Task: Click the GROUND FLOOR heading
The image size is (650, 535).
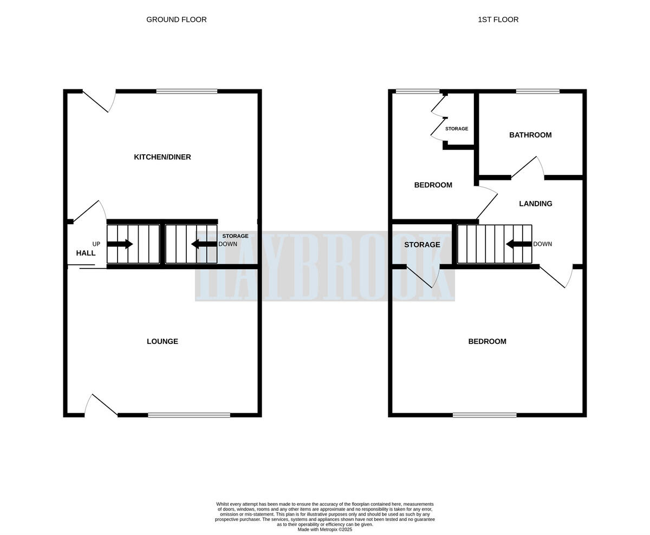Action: tap(176, 19)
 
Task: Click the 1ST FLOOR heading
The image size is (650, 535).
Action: tap(498, 19)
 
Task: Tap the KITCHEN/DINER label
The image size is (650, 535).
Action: tap(162, 157)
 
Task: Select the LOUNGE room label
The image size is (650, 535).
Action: tap(162, 341)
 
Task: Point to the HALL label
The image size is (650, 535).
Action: tap(86, 253)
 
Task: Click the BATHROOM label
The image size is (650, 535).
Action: tap(530, 135)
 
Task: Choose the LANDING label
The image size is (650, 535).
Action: tap(536, 204)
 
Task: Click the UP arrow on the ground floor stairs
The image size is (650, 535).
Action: tap(120, 244)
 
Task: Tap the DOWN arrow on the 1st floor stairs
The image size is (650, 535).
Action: tap(518, 244)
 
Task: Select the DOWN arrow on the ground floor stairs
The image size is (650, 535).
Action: tap(204, 244)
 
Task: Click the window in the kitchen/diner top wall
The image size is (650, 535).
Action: tap(187, 91)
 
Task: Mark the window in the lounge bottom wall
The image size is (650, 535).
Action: tap(189, 415)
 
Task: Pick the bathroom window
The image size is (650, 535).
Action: tap(537, 91)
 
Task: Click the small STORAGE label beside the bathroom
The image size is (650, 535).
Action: tap(457, 129)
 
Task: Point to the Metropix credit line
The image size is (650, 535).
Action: tap(325, 530)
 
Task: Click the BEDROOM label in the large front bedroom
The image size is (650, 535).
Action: tap(487, 341)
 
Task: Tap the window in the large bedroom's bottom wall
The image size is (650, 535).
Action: tap(485, 415)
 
